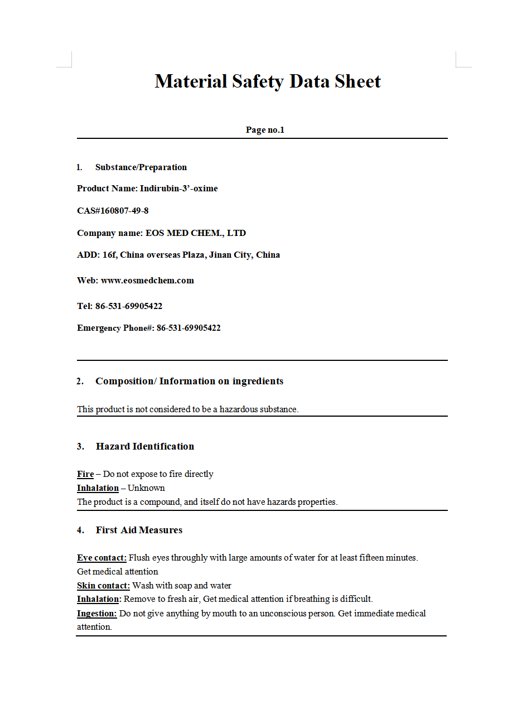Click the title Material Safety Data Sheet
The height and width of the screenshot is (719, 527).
coord(268,81)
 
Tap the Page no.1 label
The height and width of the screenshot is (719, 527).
coord(265,130)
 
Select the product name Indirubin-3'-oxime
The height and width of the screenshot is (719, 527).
coord(178,189)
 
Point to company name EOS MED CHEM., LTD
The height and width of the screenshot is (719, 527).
coord(196,233)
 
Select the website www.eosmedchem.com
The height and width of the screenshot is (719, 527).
coord(147,281)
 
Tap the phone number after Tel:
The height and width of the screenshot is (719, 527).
coord(129,306)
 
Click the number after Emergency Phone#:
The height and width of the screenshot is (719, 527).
coord(188,328)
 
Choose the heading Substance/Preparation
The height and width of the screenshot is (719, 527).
coord(141,167)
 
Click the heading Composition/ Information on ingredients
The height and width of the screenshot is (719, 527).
coord(189,382)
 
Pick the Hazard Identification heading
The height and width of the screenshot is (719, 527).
coord(145,446)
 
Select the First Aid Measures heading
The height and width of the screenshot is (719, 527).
coord(139,530)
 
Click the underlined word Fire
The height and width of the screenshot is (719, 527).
coord(85,474)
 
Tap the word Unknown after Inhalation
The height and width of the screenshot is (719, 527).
coord(146,488)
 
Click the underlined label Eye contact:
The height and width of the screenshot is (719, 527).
coord(101,558)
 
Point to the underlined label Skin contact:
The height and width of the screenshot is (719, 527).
coord(103,586)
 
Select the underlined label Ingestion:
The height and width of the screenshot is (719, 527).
coord(96,614)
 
